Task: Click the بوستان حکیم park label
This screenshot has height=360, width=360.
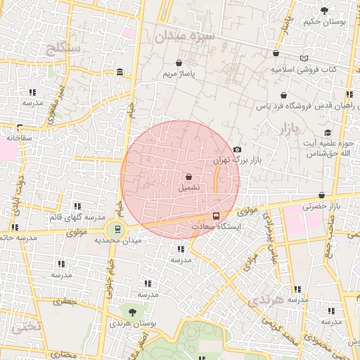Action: pyautogui.click(x=325, y=22)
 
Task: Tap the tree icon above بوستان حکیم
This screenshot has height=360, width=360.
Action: pyautogui.click(x=324, y=11)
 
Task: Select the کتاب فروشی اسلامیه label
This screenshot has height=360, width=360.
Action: pyautogui.click(x=304, y=70)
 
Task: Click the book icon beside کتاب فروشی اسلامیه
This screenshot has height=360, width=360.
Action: pyautogui.click(x=304, y=58)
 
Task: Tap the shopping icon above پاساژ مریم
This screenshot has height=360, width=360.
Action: pyautogui.click(x=179, y=62)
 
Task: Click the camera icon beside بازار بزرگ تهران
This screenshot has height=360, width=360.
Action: pyautogui.click(x=237, y=149)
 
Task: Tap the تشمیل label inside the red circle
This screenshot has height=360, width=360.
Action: pyautogui.click(x=188, y=188)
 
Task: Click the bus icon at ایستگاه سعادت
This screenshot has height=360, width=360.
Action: pyautogui.click(x=215, y=216)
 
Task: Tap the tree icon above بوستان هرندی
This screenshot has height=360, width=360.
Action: pyautogui.click(x=131, y=311)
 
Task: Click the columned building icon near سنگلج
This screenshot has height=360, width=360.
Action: pyautogui.click(x=120, y=72)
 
